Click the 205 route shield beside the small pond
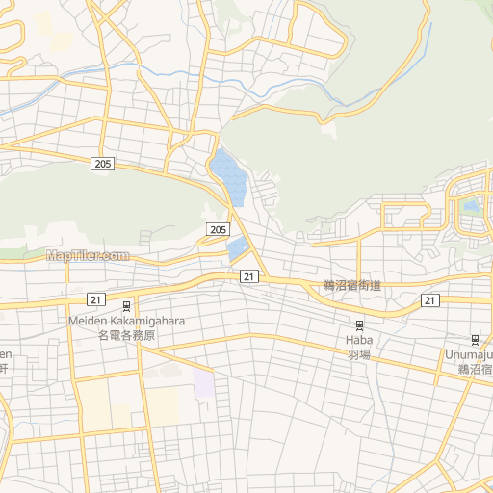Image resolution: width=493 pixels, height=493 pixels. (x=218, y=229)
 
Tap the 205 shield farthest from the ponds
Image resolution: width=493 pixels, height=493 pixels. (x=104, y=165)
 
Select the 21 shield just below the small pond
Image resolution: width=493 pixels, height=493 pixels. (x=248, y=276)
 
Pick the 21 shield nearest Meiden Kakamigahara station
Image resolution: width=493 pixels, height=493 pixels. (x=94, y=299)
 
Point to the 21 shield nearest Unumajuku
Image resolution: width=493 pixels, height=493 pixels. (x=429, y=300)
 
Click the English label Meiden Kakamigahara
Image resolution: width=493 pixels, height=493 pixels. (x=126, y=321)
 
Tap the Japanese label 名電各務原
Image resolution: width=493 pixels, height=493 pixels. (x=126, y=335)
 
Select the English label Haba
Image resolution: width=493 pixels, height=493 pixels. (x=358, y=340)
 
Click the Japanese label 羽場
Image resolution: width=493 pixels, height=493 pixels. (x=358, y=353)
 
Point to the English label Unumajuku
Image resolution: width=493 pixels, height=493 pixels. (x=469, y=354)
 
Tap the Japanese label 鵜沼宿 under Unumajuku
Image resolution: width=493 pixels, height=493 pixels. (x=475, y=369)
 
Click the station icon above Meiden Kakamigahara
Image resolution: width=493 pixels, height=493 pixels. (x=126, y=305)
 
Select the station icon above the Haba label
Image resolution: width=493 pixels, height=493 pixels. (x=359, y=324)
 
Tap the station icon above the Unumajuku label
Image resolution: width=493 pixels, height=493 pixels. (x=475, y=339)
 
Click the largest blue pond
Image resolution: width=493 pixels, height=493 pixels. (x=229, y=175)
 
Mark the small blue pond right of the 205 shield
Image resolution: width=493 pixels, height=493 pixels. (x=238, y=249)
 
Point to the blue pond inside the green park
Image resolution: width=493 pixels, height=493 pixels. (x=470, y=205)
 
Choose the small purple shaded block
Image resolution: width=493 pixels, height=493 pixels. (x=203, y=384)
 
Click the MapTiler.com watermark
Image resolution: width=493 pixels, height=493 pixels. (x=87, y=255)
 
